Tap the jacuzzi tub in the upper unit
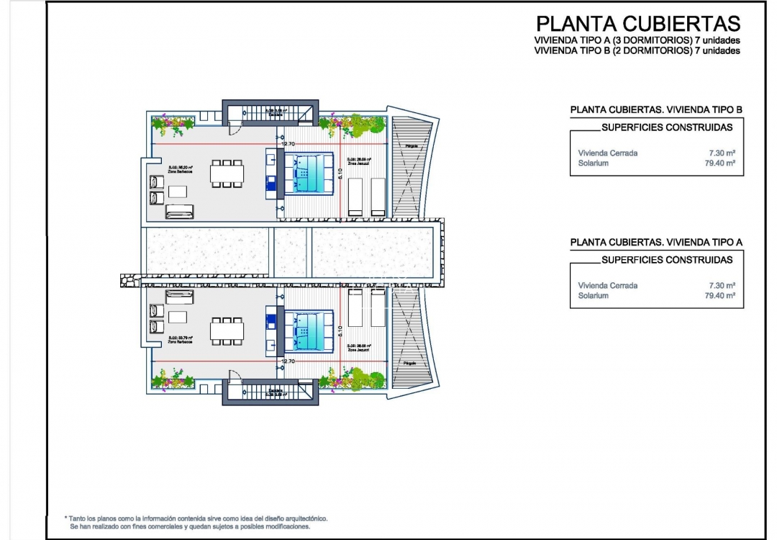(309, 174)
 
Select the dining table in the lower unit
(227, 330)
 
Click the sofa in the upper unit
(179, 212)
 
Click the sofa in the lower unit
(179, 294)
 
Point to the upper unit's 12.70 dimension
(288, 144)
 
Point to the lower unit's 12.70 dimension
(288, 361)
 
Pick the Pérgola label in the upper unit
(412, 145)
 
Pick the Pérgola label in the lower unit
(412, 362)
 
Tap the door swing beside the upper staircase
(234, 130)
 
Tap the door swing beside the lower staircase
(234, 374)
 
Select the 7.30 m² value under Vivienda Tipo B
(721, 153)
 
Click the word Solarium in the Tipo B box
(593, 163)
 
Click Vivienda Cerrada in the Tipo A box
(607, 285)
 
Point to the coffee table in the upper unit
(177, 192)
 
